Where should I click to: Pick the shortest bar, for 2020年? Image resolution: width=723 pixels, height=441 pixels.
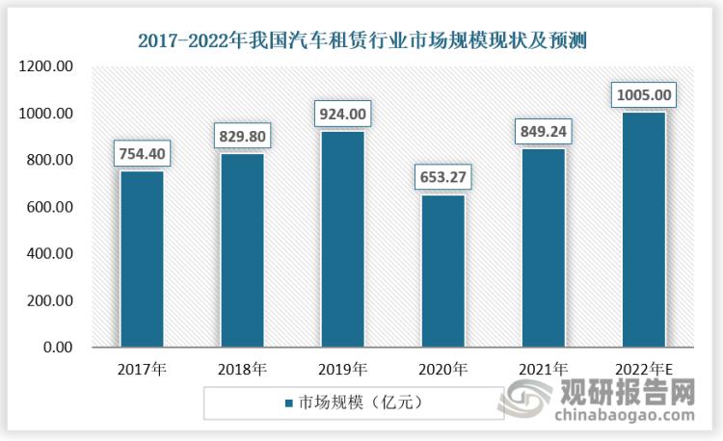pyautogui.click(x=442, y=271)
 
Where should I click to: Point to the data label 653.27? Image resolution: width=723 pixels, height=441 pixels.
pyautogui.click(x=442, y=179)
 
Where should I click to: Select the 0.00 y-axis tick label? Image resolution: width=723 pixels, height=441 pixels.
pyautogui.click(x=57, y=348)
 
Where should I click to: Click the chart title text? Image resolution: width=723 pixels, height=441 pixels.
pyautogui.click(x=362, y=39)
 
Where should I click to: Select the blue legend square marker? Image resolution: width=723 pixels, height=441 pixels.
pyautogui.click(x=287, y=402)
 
